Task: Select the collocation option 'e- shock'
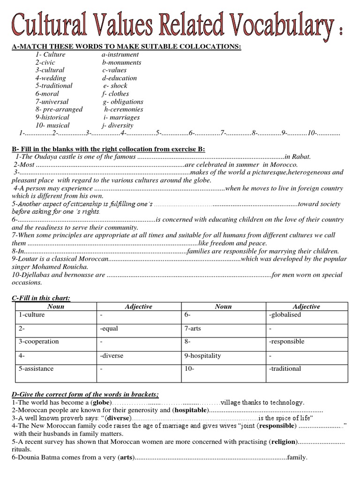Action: (115, 86)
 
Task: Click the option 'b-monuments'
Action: (121, 62)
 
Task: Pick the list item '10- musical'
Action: (52, 125)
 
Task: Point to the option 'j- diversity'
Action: (118, 125)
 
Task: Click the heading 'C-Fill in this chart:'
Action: (41, 298)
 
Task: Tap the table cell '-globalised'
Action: (285, 315)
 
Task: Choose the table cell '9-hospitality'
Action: (202, 356)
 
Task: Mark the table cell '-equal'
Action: (108, 328)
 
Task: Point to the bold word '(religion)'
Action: (283, 442)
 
